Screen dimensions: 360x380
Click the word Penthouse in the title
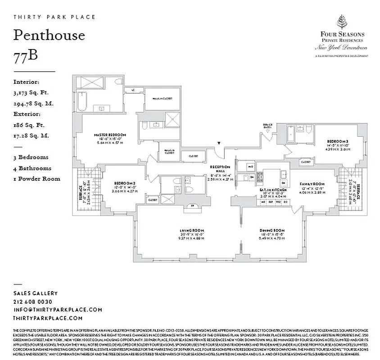click(49, 35)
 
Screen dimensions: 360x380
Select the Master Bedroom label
click(109, 135)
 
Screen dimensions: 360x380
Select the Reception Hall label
click(220, 166)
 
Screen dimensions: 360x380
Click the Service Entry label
click(267, 126)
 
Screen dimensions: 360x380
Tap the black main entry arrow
click(218, 144)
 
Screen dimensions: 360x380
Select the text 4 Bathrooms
click(32, 168)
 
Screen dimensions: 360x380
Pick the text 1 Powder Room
click(37, 179)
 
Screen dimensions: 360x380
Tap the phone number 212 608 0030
click(33, 301)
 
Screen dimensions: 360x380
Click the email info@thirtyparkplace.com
click(58, 310)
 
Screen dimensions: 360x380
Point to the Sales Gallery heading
click(36, 293)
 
